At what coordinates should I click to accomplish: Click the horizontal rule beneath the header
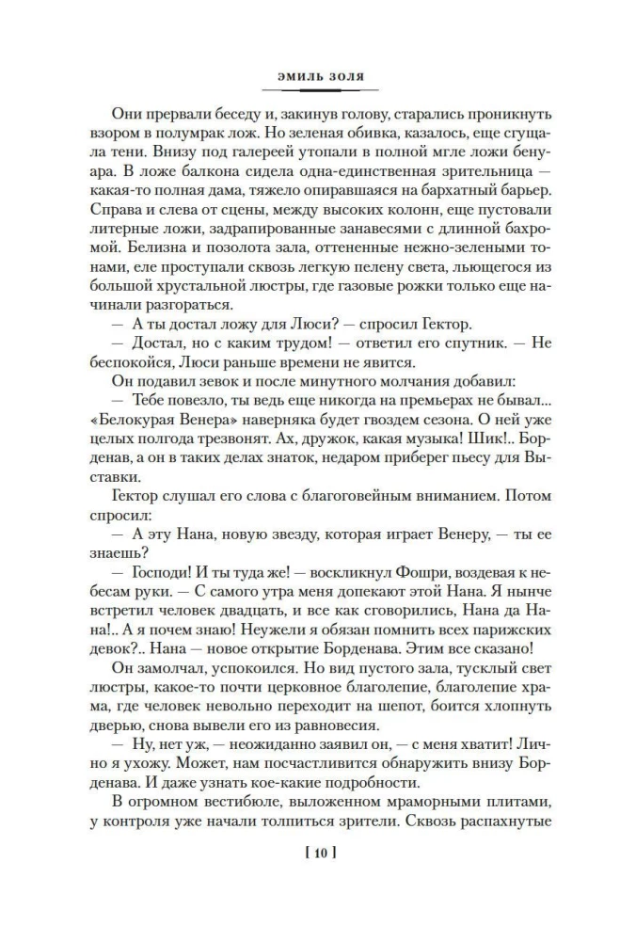coord(313,90)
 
